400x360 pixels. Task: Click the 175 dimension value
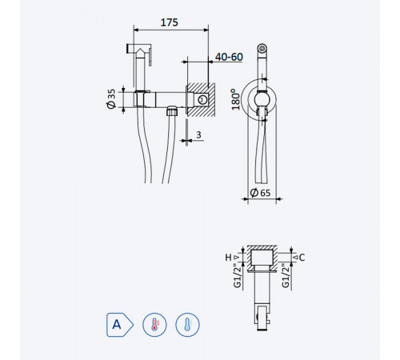pyautogui.click(x=170, y=22)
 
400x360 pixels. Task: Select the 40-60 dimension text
pyautogui.click(x=229, y=57)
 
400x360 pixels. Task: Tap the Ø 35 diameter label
pyautogui.click(x=111, y=98)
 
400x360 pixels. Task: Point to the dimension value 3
pyautogui.click(x=198, y=135)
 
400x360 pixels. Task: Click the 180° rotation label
pyautogui.click(x=236, y=99)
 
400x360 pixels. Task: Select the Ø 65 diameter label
pyautogui.click(x=260, y=193)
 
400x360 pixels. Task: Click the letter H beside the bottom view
pyautogui.click(x=228, y=258)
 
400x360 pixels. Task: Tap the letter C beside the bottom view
pyautogui.click(x=302, y=258)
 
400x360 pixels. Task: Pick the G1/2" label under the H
pyautogui.click(x=237, y=276)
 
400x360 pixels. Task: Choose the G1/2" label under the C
pyautogui.click(x=286, y=276)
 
